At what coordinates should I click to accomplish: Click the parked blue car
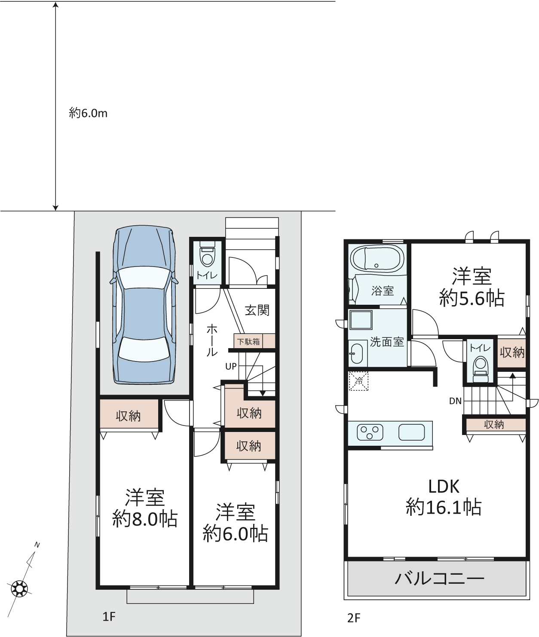click(144, 305)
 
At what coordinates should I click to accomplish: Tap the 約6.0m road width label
click(88, 113)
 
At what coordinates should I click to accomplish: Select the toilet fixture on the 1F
click(207, 254)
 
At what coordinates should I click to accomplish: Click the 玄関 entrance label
click(257, 310)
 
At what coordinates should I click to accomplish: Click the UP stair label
click(231, 366)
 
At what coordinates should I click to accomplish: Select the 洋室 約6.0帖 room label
click(235, 523)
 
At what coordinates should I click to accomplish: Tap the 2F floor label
click(353, 618)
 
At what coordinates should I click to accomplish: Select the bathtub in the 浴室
click(377, 258)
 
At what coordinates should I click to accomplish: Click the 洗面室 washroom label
click(387, 342)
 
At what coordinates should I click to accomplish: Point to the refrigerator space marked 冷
click(358, 381)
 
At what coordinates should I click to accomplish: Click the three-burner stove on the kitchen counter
click(370, 432)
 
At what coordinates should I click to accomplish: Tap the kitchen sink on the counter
click(411, 432)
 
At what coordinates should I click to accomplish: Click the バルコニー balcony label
click(439, 579)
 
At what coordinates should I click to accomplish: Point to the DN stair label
click(455, 401)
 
